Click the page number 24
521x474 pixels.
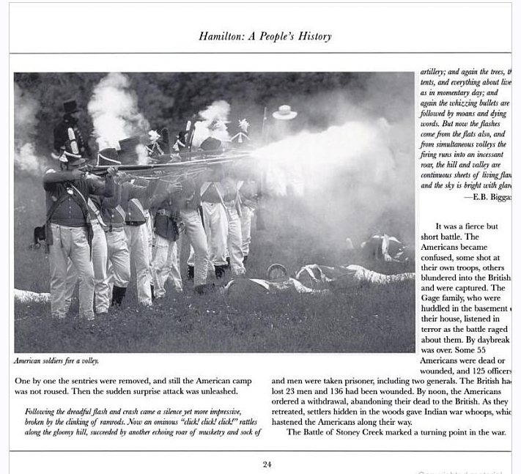click(267, 464)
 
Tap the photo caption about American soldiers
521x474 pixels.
click(56, 360)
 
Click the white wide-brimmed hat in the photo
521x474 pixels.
click(284, 112)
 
